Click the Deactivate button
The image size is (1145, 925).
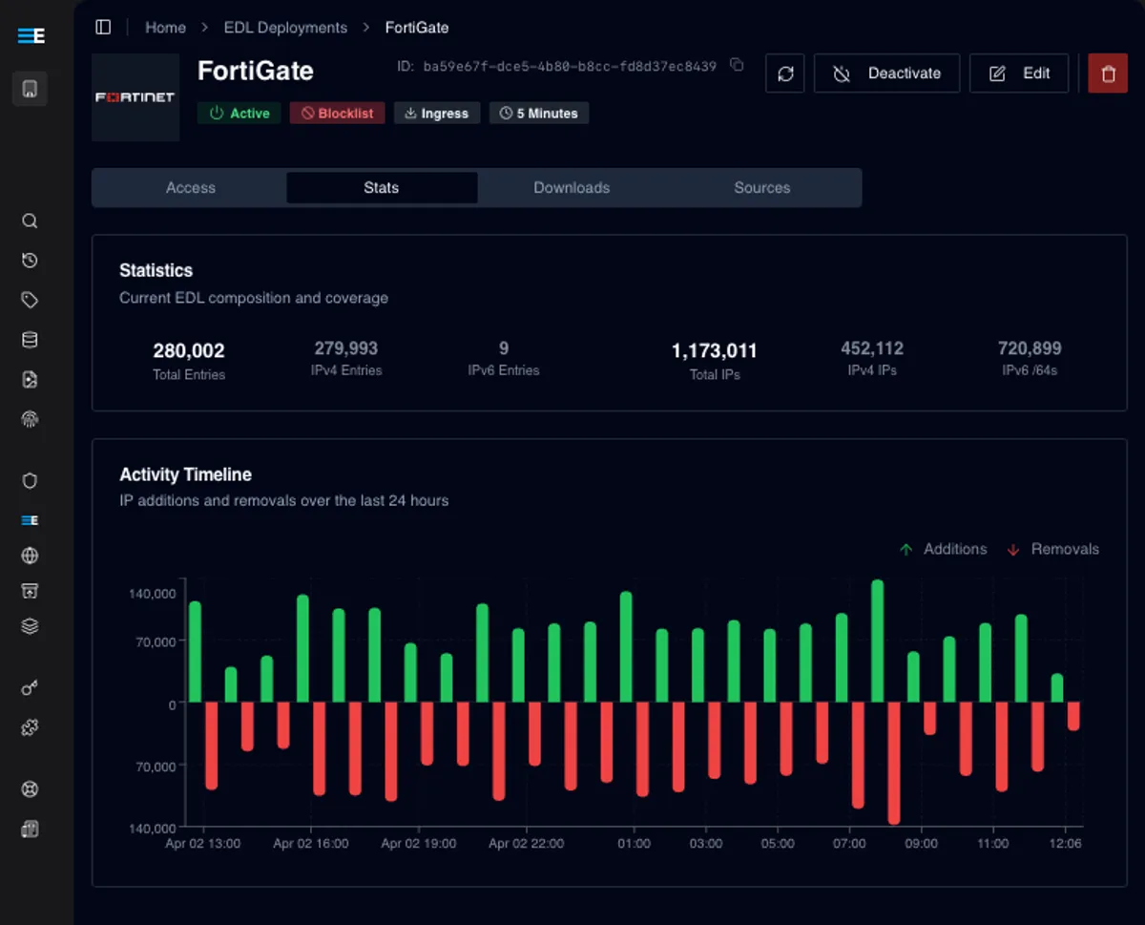[886, 74]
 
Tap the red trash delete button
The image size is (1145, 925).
[1108, 74]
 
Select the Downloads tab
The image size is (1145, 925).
[572, 188]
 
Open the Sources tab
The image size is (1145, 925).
[761, 188]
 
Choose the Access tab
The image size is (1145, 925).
[191, 188]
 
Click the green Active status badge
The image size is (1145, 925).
[239, 114]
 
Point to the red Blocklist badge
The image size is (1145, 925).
[338, 114]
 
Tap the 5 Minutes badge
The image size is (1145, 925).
[539, 114]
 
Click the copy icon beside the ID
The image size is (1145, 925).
[737, 65]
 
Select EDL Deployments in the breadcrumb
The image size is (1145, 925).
[285, 28]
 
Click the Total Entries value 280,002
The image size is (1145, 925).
[189, 350]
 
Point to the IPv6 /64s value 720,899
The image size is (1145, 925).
[1030, 348]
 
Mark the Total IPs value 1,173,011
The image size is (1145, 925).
[715, 350]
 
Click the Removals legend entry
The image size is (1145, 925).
[1053, 549]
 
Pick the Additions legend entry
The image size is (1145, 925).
[943, 549]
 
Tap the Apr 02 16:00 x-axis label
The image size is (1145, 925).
[311, 844]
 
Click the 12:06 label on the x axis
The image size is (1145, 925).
[1065, 844]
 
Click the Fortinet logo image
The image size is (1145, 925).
[135, 97]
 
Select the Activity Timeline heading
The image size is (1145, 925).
[185, 474]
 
